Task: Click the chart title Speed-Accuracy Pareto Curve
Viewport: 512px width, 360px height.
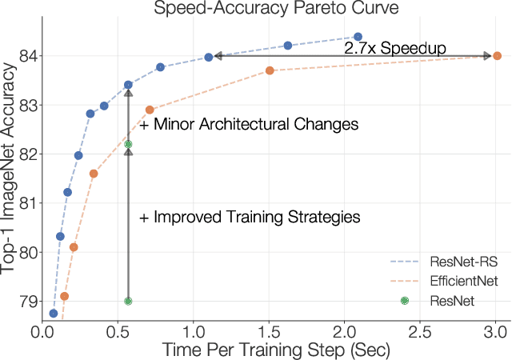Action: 274,10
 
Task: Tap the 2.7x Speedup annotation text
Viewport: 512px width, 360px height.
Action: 394,48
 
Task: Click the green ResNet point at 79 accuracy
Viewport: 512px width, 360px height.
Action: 128,301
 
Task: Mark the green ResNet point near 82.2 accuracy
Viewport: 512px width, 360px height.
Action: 128,145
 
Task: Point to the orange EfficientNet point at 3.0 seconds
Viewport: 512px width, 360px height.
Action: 497,56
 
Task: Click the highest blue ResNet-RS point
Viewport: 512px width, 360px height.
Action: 358,37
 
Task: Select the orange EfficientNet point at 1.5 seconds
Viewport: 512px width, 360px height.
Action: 270,70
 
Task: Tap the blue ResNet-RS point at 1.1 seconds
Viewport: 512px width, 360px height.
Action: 209,57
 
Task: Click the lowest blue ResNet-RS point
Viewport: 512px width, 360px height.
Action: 54,314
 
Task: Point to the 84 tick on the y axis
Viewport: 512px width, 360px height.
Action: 26,56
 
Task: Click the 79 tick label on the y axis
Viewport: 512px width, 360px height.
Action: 26,302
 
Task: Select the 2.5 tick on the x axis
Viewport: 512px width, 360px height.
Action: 421,330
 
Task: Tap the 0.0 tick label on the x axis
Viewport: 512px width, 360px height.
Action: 42,330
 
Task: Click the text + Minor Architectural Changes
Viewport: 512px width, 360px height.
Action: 249,125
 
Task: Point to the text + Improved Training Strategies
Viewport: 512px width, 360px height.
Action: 250,217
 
